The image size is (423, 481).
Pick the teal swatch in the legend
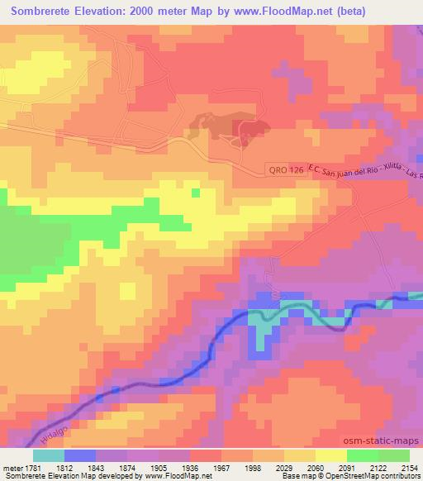48,456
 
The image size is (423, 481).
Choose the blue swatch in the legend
79,456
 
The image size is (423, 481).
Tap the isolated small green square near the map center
196,193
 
